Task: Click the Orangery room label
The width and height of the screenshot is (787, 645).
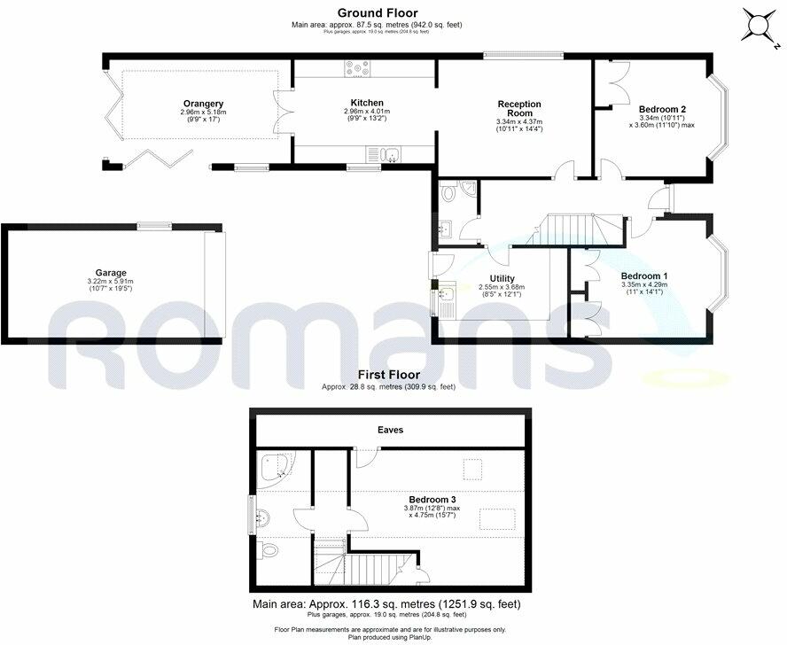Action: click(x=203, y=104)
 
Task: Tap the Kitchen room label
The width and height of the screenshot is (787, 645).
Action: click(x=366, y=102)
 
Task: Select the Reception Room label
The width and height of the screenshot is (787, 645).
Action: click(x=519, y=109)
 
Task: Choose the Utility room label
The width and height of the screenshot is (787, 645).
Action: click(x=502, y=278)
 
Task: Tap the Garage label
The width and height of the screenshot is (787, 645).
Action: click(x=111, y=273)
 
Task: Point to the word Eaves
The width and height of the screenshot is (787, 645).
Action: click(x=390, y=430)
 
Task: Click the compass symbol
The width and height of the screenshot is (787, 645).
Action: click(x=760, y=26)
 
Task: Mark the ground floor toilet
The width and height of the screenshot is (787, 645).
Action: click(x=449, y=192)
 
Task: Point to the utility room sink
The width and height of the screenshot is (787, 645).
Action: click(x=445, y=297)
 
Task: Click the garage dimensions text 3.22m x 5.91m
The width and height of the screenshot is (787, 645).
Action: click(x=112, y=282)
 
